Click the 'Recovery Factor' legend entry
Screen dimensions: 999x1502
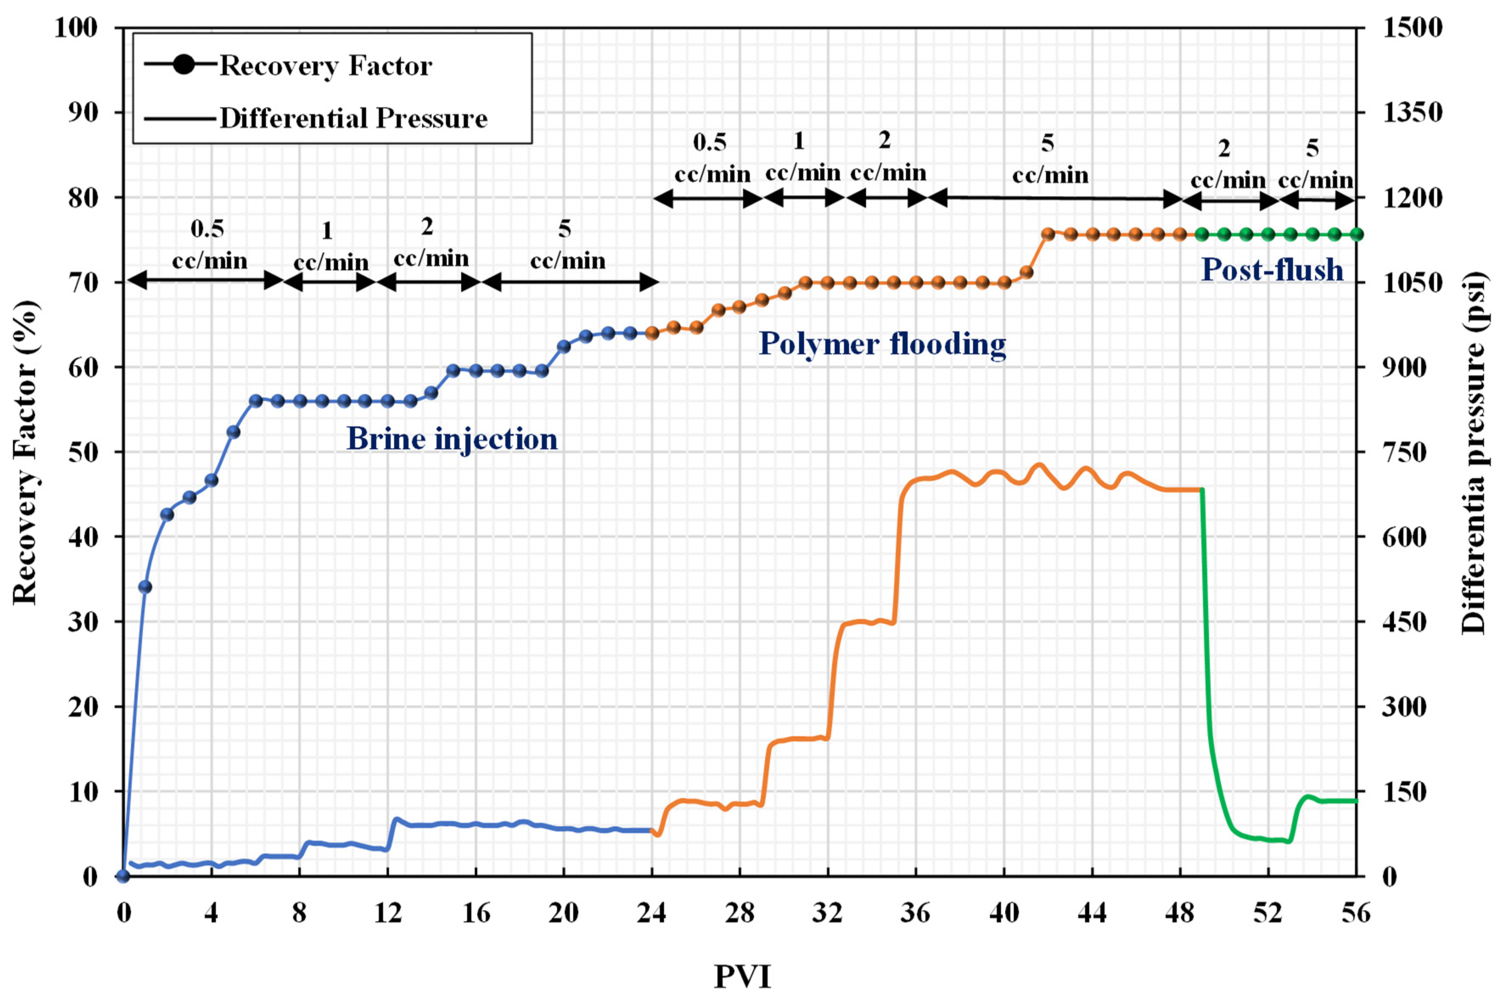pos(325,66)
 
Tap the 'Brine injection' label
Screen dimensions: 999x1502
pos(452,439)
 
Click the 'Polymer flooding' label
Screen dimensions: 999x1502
pos(882,344)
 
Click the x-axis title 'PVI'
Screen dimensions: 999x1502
pos(742,976)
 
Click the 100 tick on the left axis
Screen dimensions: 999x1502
pos(76,28)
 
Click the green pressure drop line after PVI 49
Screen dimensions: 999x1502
pos(1206,637)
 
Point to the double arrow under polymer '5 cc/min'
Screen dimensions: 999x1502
pos(1055,198)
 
